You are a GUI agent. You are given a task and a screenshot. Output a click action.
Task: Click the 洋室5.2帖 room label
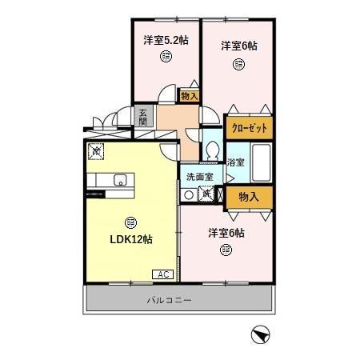pyautogui.click(x=166, y=39)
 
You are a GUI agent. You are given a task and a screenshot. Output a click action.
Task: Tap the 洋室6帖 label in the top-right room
pyautogui.click(x=239, y=46)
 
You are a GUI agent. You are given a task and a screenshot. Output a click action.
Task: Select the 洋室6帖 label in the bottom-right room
pyautogui.click(x=226, y=233)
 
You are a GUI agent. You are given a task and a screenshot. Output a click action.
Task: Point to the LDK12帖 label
pyautogui.click(x=130, y=238)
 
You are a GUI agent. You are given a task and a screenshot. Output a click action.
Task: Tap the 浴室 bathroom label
pyautogui.click(x=235, y=162)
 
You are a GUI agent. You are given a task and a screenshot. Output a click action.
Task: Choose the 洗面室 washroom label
pyautogui.click(x=199, y=177)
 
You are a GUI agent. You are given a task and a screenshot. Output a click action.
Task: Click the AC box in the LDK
pyautogui.click(x=163, y=274)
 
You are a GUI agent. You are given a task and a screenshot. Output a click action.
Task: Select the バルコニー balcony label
pyautogui.click(x=179, y=301)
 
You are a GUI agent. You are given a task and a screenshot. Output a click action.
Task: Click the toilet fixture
pyautogui.click(x=212, y=150)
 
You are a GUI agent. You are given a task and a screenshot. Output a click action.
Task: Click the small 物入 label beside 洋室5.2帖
pyautogui.click(x=190, y=96)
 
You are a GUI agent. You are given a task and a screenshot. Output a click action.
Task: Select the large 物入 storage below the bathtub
pyautogui.click(x=249, y=195)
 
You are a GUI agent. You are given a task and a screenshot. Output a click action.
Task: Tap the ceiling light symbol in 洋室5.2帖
pyautogui.click(x=165, y=55)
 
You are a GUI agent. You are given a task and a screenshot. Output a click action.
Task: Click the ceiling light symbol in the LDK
pyautogui.click(x=130, y=222)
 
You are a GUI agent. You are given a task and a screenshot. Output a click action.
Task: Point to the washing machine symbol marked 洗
pyautogui.click(x=206, y=193)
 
